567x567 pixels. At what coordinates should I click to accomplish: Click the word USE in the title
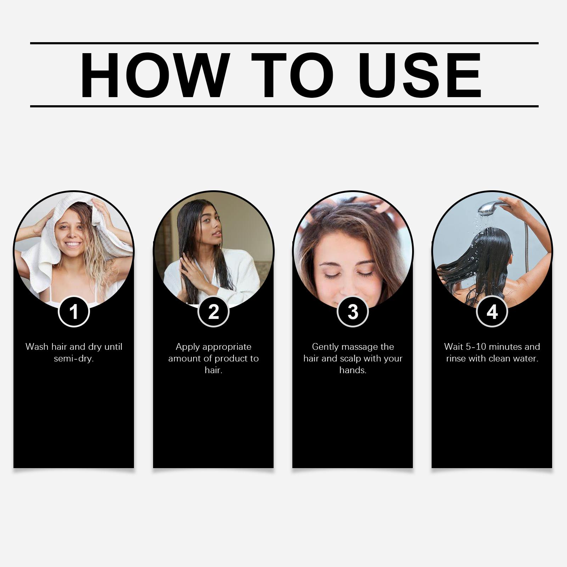[422, 75]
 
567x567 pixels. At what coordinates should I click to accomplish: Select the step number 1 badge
[74, 312]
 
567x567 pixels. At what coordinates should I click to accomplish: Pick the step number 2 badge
[213, 312]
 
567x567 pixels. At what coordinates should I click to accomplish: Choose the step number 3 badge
[353, 312]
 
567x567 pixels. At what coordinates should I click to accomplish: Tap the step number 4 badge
[492, 312]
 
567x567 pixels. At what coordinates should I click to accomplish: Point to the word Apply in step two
[188, 347]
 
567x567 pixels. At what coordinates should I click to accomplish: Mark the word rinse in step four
[456, 359]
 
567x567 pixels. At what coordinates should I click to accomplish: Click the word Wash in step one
[37, 347]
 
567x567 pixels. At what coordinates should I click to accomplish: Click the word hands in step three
[353, 370]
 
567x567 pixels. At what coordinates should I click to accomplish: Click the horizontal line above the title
[284, 43]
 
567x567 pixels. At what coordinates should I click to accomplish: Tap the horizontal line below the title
[284, 106]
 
